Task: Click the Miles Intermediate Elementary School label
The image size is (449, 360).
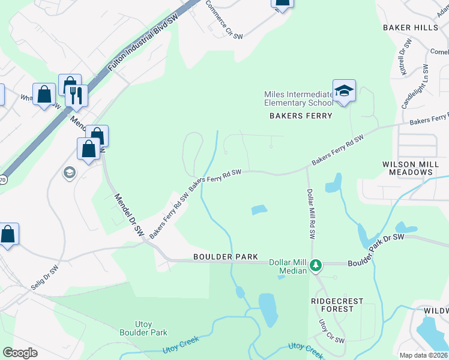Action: click(x=298, y=98)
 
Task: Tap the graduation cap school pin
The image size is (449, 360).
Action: click(x=344, y=92)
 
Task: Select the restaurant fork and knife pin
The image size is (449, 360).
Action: click(x=76, y=95)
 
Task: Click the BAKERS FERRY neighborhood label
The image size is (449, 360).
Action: click(x=300, y=116)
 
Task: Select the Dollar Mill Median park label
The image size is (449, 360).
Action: click(x=293, y=266)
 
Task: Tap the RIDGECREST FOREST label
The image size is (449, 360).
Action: click(x=333, y=304)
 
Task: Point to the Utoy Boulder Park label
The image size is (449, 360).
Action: click(x=143, y=328)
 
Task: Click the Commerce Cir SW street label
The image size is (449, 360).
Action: click(x=224, y=20)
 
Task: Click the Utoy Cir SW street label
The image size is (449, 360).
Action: click(x=331, y=332)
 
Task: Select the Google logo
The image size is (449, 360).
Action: click(x=20, y=353)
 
